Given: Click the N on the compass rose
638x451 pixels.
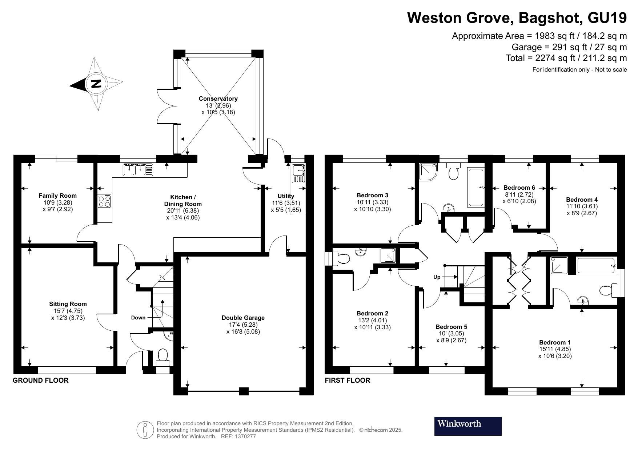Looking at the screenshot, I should (96, 84).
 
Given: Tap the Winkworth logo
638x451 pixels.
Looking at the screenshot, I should (468, 426).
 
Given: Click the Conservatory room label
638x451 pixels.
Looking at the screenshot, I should (218, 98).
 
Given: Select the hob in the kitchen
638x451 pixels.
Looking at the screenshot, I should (104, 201).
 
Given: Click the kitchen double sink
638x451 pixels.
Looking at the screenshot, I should (139, 170).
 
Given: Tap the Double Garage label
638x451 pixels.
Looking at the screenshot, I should (243, 318).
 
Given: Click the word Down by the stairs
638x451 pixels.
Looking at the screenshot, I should (138, 318).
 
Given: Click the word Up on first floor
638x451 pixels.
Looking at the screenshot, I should (437, 277).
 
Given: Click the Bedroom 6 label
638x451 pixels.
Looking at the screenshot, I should (519, 188).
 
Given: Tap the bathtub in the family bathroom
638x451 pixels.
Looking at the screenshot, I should (476, 188).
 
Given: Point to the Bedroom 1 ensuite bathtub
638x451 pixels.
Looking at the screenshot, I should (595, 266).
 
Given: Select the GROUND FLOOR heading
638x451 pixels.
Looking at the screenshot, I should (40, 380).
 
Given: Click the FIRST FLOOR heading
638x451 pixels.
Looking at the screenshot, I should (347, 380).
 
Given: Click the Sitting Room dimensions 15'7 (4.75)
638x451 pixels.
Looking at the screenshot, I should (68, 311).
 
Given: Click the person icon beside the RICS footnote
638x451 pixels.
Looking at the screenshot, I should (145, 430).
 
